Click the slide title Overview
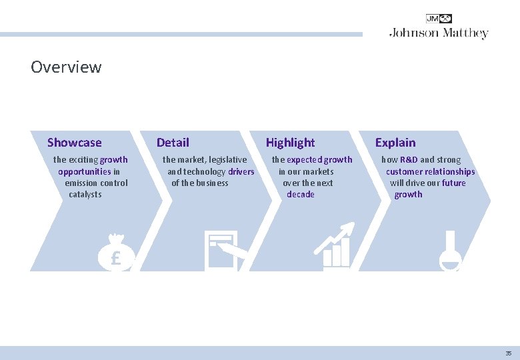pyautogui.click(x=66, y=67)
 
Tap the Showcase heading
pyautogui.click(x=75, y=143)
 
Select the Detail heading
pyautogui.click(x=173, y=143)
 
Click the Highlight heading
pyautogui.click(x=290, y=143)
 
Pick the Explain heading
pyautogui.click(x=395, y=143)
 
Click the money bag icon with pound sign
pyautogui.click(x=115, y=253)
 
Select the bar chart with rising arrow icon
pyautogui.click(x=335, y=247)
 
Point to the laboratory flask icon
pyautogui.click(x=450, y=251)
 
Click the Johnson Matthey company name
pyautogui.click(x=439, y=33)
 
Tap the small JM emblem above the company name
pyautogui.click(x=439, y=19)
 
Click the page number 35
pyautogui.click(x=508, y=353)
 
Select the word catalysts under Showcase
pyautogui.click(x=85, y=195)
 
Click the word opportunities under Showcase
pyautogui.click(x=85, y=171)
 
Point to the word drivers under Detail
pyautogui.click(x=241, y=171)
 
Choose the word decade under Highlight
pyautogui.click(x=300, y=195)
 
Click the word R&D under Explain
pyautogui.click(x=409, y=160)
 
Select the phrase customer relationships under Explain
pyautogui.click(x=430, y=171)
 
